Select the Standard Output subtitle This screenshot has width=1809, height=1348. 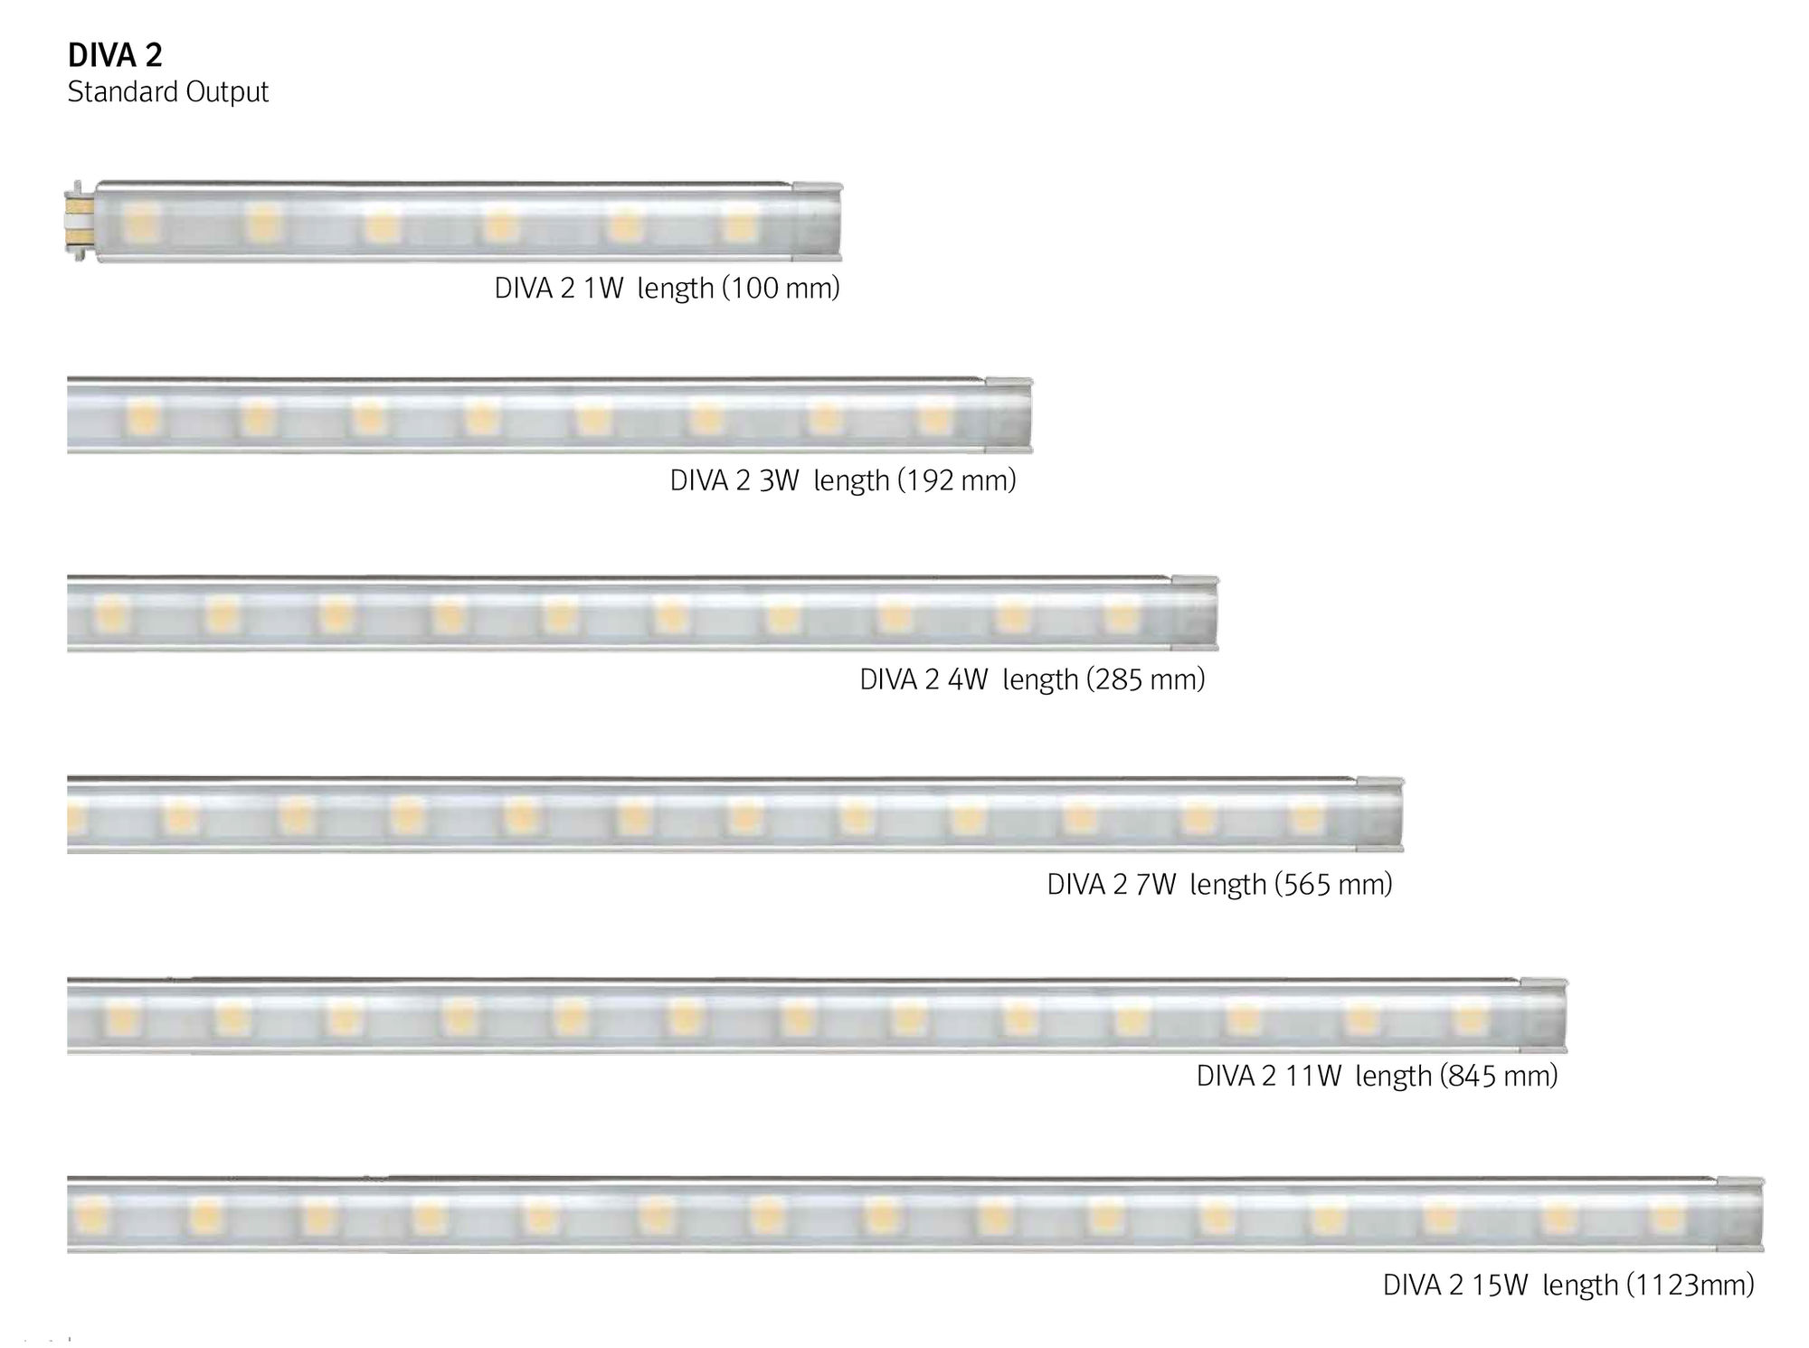(x=168, y=92)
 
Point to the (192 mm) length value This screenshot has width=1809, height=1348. (x=957, y=480)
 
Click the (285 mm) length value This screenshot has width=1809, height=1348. (x=1146, y=679)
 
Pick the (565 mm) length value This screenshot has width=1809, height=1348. (x=1333, y=884)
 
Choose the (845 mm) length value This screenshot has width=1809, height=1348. (x=1499, y=1076)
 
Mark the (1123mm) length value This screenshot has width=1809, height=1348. (x=1691, y=1285)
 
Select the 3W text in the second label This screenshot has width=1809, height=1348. (x=780, y=480)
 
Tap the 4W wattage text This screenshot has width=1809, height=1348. (x=968, y=679)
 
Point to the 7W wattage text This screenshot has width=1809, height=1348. (x=1156, y=884)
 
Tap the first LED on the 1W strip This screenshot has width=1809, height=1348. (x=141, y=222)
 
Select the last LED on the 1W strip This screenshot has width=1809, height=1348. (x=741, y=222)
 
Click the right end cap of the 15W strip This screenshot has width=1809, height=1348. (x=1741, y=1214)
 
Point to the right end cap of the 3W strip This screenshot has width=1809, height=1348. (x=1009, y=415)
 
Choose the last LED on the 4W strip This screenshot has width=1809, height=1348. (x=1122, y=615)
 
